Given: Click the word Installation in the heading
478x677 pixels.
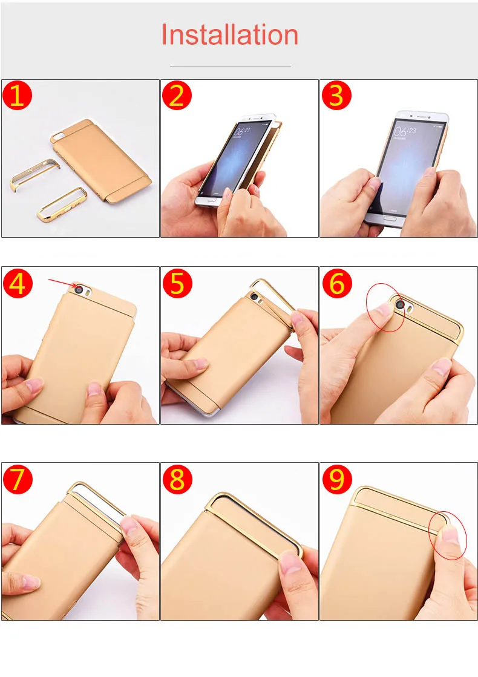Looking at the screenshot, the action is coord(229,34).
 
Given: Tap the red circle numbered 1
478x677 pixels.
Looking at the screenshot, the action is coord(18,95).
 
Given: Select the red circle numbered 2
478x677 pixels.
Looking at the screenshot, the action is coord(177,95).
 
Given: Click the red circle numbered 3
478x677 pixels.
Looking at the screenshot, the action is coord(336,95).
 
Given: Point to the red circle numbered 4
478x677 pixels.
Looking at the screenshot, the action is coord(18,284).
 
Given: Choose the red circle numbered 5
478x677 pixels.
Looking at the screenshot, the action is coord(177,284).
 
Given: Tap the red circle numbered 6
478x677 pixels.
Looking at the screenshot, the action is coord(337,284).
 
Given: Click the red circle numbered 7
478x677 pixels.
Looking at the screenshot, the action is coord(18,479).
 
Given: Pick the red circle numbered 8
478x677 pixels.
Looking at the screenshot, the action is coord(177,479).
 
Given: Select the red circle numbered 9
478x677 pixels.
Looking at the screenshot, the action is coord(337,479).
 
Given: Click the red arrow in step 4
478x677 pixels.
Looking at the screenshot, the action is coord(62,283).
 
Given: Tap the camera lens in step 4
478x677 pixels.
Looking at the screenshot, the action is coord(79,290).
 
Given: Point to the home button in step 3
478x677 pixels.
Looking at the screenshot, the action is coord(391,218).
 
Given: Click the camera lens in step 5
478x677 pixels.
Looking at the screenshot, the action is coord(254,296).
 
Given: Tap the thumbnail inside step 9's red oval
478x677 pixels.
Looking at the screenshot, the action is coord(450,534).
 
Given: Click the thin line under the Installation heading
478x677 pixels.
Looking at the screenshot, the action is coord(230,67).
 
